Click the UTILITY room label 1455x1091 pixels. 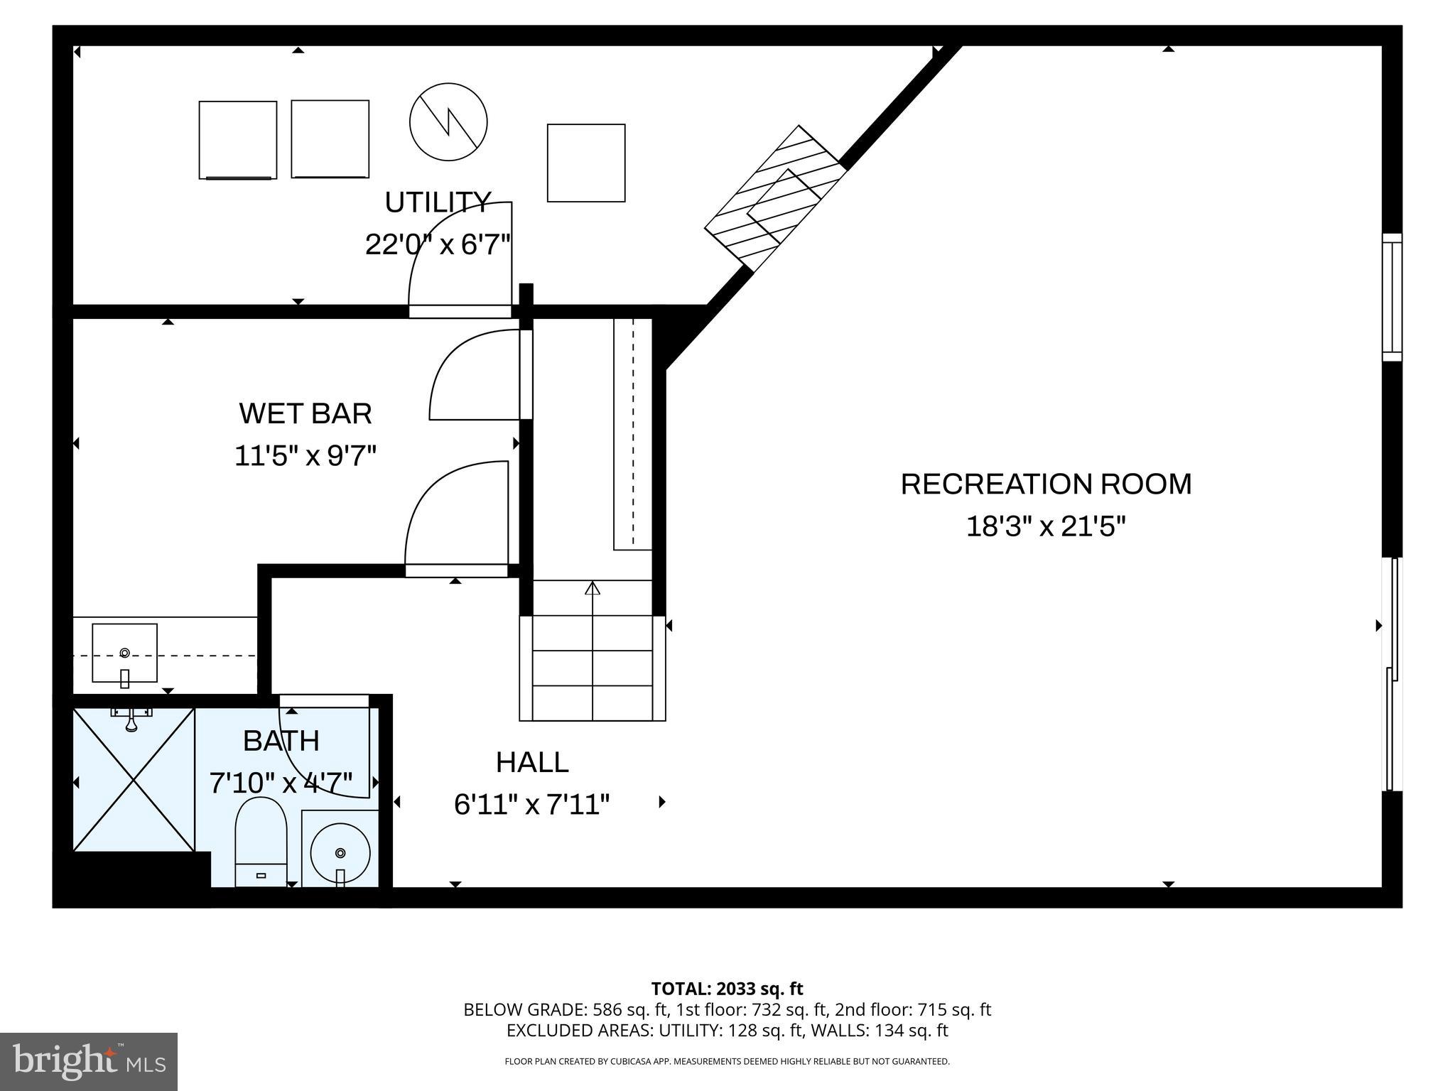click(438, 202)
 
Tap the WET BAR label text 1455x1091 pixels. click(305, 413)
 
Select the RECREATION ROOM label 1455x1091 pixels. click(1046, 484)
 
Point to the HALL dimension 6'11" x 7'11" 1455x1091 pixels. click(531, 805)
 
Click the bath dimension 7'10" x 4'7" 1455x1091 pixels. click(281, 783)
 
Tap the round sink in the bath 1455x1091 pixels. click(340, 852)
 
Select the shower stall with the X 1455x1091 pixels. click(134, 779)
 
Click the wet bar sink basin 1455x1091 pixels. click(124, 652)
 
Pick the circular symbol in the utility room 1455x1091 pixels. click(448, 121)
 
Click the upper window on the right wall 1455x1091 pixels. click(1391, 297)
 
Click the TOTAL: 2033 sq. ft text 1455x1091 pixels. click(727, 989)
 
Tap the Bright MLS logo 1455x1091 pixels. click(89, 1061)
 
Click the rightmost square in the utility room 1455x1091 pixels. click(586, 163)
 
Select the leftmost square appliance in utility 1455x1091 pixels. click(237, 140)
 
